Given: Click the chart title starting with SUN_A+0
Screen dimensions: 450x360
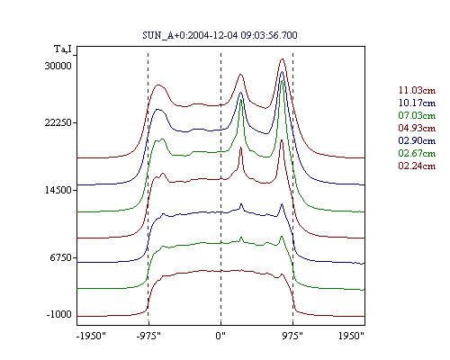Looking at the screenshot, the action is click(x=220, y=35).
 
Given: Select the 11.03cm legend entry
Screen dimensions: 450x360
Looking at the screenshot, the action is click(x=417, y=90).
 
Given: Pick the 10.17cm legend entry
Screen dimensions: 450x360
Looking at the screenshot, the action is click(x=417, y=103).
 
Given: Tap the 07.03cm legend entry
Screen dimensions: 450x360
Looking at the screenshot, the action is click(x=417, y=115).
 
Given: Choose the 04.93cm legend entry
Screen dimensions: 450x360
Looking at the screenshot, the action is click(x=417, y=128).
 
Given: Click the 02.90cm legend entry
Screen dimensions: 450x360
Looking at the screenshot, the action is click(x=417, y=140).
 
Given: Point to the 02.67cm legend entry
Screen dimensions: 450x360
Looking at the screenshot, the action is click(x=417, y=153).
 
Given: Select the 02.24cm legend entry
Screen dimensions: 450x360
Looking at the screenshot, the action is click(x=417, y=166).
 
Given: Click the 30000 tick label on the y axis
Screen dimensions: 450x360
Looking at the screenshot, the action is click(x=58, y=66).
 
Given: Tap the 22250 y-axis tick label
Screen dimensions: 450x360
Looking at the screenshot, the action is click(x=58, y=122).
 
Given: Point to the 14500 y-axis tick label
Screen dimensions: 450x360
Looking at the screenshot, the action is click(x=58, y=190).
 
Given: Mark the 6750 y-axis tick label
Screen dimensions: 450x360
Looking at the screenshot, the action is click(x=61, y=257).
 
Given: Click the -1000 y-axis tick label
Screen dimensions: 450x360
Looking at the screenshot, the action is click(x=59, y=314).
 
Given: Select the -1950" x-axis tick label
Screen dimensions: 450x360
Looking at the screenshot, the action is click(x=91, y=336).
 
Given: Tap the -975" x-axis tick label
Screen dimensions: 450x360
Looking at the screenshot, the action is click(x=148, y=336).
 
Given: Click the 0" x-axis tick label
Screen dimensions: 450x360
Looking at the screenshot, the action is click(x=220, y=336).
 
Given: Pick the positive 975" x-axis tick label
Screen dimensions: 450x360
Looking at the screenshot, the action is click(x=292, y=336).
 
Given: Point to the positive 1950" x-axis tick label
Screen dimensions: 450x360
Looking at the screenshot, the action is click(x=351, y=336).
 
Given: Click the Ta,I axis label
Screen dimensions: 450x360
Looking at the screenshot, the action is click(x=63, y=49).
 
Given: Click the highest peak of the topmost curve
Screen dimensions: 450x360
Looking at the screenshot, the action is click(x=282, y=58).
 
